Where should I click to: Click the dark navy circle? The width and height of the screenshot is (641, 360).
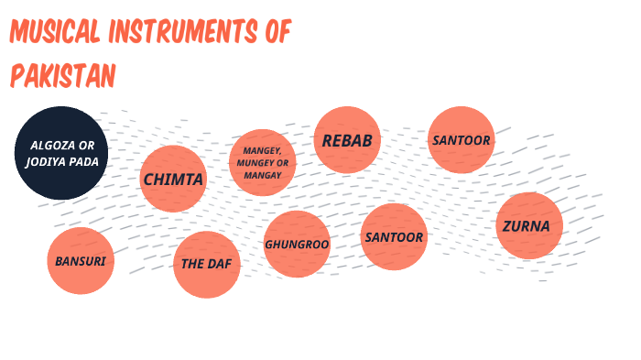point(61,154)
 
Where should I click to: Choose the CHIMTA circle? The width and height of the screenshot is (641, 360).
point(172,180)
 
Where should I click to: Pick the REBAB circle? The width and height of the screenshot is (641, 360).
point(347,140)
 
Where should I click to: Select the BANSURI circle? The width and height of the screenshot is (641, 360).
point(81,261)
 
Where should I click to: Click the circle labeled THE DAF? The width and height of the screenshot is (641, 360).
point(206,265)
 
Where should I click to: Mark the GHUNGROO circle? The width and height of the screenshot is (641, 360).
point(296,245)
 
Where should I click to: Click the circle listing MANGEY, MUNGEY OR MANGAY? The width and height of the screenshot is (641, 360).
point(262,162)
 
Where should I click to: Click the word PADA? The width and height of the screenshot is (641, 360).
point(88,163)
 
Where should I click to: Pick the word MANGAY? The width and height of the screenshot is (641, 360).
point(262,174)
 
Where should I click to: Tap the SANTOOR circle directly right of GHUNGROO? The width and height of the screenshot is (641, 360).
point(394,237)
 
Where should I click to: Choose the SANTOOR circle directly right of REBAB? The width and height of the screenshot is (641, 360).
point(462,140)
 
